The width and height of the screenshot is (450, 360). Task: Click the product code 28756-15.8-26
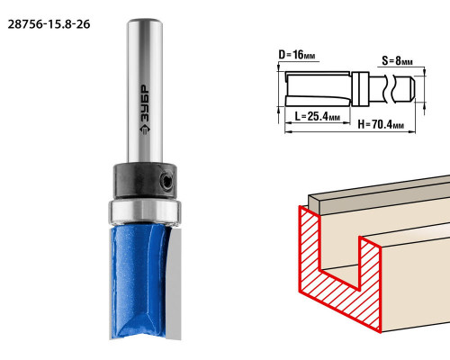click(x=49, y=24)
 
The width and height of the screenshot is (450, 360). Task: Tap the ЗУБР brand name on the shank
click(x=145, y=103)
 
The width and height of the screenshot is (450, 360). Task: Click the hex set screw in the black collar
click(x=166, y=181)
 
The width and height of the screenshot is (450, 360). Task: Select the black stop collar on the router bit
click(x=145, y=180)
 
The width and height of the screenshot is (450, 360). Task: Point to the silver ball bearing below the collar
click(x=145, y=211)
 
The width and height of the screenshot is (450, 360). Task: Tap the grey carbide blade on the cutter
click(x=174, y=283)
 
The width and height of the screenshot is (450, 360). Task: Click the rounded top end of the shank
click(x=145, y=22)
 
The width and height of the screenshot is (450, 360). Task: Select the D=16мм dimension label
click(x=297, y=55)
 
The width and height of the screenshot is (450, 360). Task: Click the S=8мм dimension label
click(x=397, y=61)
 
